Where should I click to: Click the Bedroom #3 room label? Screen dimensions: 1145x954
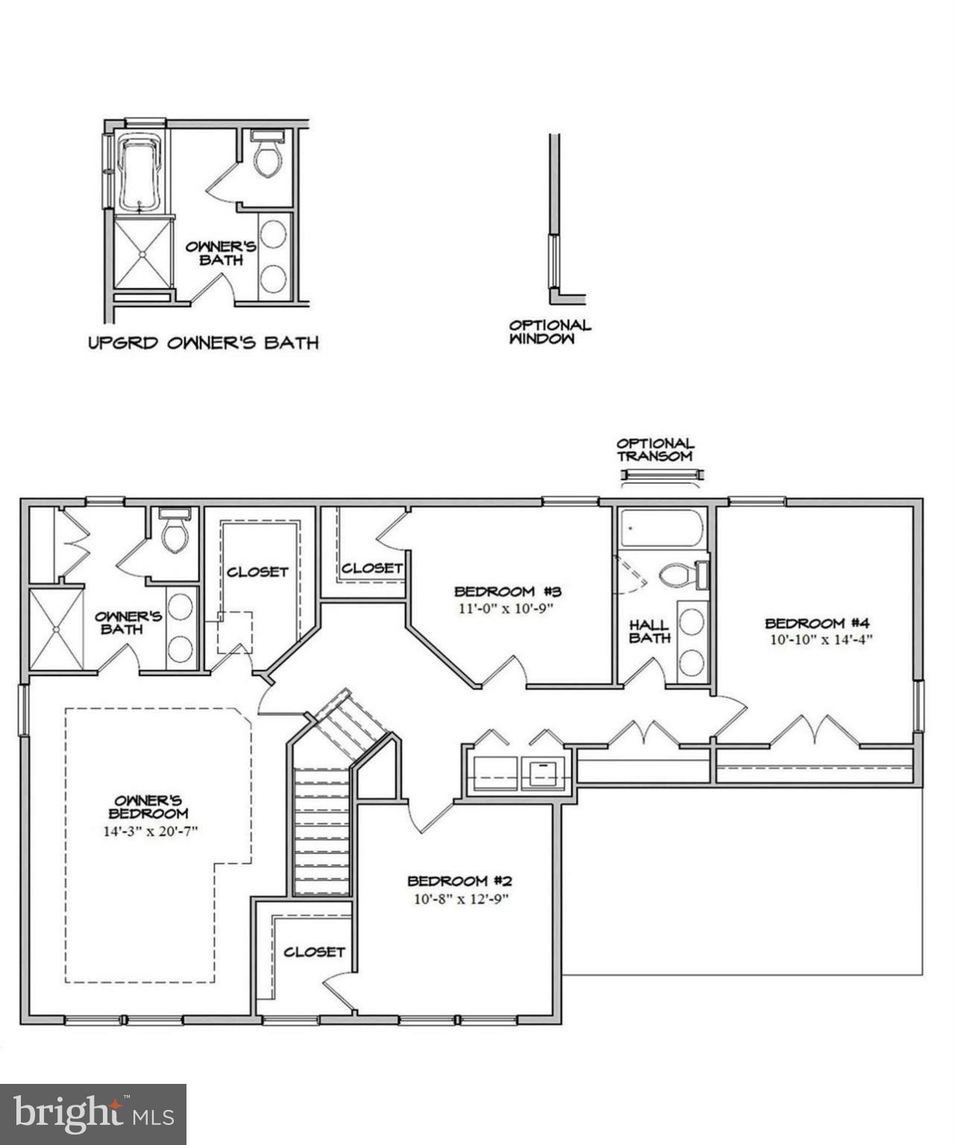coord(507,591)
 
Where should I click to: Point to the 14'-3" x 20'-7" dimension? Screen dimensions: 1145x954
coord(149,830)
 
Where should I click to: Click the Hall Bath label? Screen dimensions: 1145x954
coord(649,631)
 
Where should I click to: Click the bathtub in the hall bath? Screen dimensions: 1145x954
coord(661,529)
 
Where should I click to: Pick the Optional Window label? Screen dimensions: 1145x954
coord(550,332)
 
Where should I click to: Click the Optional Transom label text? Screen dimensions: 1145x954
coord(655,450)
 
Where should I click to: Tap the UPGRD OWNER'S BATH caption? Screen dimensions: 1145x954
coord(204,343)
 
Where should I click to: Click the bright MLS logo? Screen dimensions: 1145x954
coord(93,1114)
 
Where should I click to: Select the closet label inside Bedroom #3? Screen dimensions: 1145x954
coord(372,568)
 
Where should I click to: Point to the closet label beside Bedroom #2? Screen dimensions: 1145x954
coord(314,952)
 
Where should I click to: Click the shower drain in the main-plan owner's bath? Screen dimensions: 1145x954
coord(57,628)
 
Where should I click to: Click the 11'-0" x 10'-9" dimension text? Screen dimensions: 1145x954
coord(507,608)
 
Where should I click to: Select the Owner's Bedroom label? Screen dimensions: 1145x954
coord(148,807)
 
